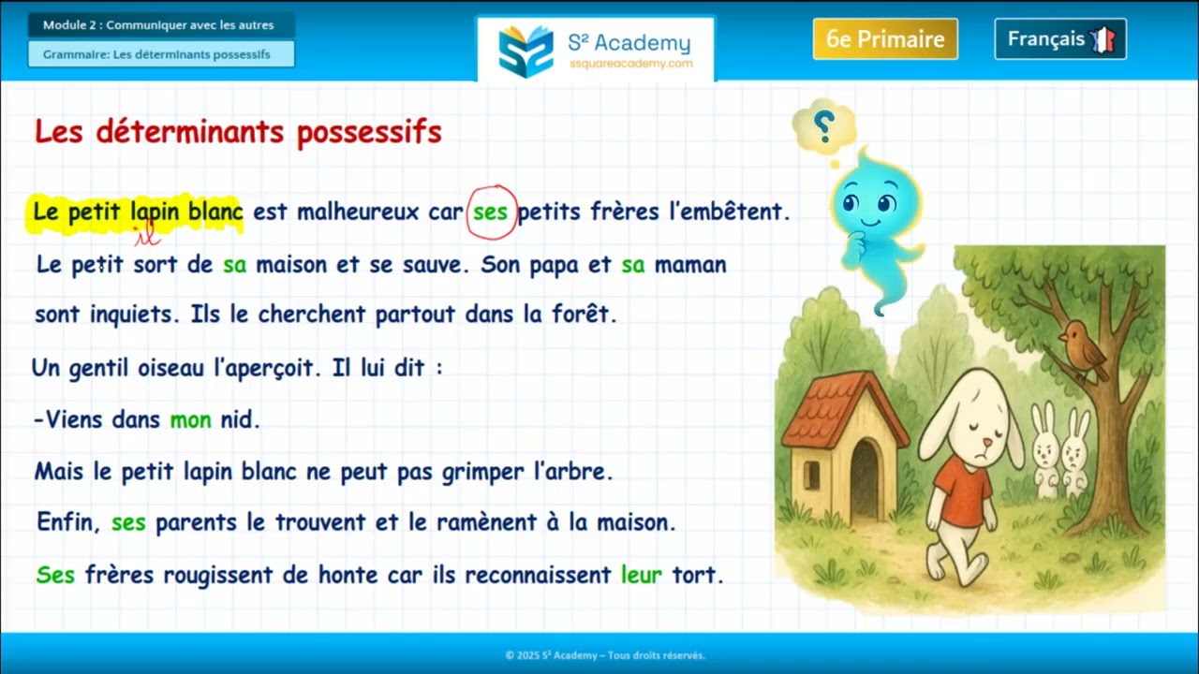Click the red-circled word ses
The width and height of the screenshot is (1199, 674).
tap(491, 212)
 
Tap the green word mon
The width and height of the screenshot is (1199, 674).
tap(190, 420)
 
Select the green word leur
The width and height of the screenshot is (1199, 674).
tap(641, 575)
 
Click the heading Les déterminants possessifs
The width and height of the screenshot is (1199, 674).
tap(238, 133)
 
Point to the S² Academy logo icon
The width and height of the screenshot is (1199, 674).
tap(525, 51)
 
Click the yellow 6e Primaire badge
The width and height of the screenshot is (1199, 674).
tap(885, 39)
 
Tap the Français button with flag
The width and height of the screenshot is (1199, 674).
tap(1059, 39)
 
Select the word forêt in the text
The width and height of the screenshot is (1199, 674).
tap(587, 315)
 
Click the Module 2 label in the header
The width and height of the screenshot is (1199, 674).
tap(160, 25)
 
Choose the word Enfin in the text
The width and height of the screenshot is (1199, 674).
tap(67, 522)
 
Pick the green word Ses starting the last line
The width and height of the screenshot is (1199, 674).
tap(55, 575)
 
